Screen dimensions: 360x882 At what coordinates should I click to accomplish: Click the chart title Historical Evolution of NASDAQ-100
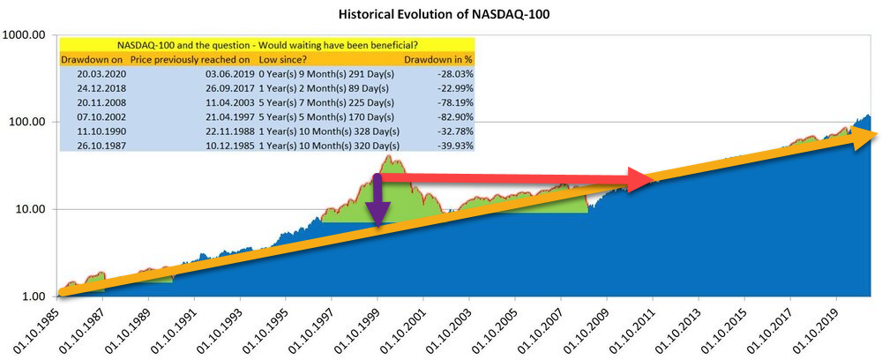(441, 15)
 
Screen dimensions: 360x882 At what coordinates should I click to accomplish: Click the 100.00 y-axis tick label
(27, 122)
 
